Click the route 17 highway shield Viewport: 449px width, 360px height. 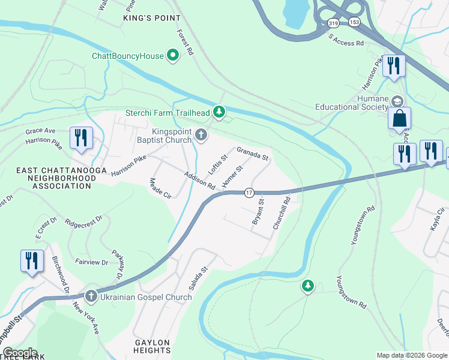249,193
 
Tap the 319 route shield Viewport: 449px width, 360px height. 333,23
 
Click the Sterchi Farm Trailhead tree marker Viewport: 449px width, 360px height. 220,112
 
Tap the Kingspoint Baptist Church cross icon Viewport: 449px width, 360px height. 201,135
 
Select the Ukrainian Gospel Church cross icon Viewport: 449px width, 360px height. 91,296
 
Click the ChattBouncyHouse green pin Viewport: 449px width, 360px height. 173,56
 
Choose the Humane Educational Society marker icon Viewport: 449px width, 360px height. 397,101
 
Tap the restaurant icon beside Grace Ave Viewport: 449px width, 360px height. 79,137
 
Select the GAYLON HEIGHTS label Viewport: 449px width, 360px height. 152,346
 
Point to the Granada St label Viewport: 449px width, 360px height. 252,154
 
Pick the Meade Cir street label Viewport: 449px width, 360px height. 160,188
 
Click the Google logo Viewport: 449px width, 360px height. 20,353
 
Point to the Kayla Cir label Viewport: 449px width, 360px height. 439,220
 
